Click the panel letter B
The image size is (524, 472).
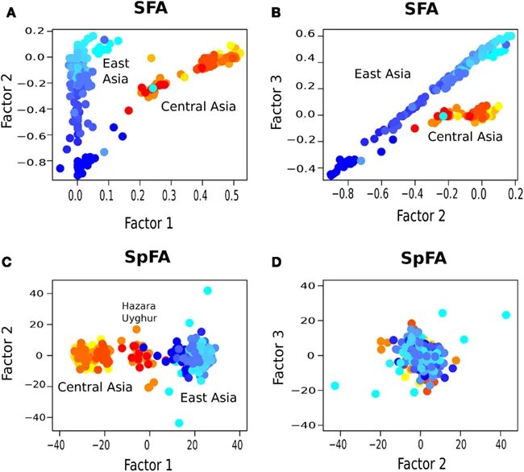pos(276,10)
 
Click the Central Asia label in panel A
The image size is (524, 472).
pos(198,106)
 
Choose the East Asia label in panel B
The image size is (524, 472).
pos(383,74)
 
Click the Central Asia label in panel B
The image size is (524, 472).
pos(464,137)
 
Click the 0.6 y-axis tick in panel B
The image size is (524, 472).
pos(302,35)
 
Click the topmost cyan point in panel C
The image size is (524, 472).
pos(207,290)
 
